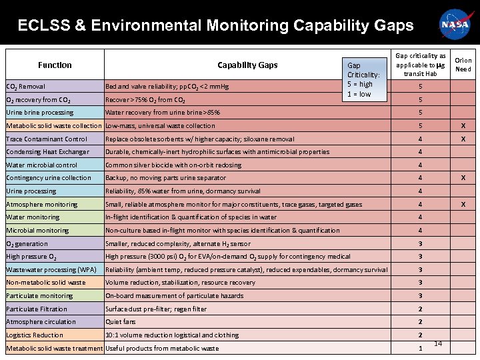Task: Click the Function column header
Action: pyautogui.click(x=55, y=65)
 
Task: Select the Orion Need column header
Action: pyautogui.click(x=463, y=65)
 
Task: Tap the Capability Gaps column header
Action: pyautogui.click(x=247, y=65)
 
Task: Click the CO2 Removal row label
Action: pyautogui.click(x=26, y=87)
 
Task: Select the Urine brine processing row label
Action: pyautogui.click(x=39, y=113)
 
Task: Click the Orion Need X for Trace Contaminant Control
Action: pyautogui.click(x=463, y=139)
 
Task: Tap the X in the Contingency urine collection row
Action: pyautogui.click(x=463, y=178)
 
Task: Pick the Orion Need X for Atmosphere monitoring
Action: pyautogui.click(x=463, y=204)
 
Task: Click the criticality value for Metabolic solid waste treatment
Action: pyautogui.click(x=420, y=349)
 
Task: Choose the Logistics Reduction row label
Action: pyautogui.click(x=35, y=335)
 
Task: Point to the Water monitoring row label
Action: pyautogui.click(x=33, y=217)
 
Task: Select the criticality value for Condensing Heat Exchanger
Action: pyautogui.click(x=420, y=152)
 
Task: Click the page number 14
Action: pyautogui.click(x=438, y=343)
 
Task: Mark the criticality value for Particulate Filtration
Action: pyautogui.click(x=420, y=309)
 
